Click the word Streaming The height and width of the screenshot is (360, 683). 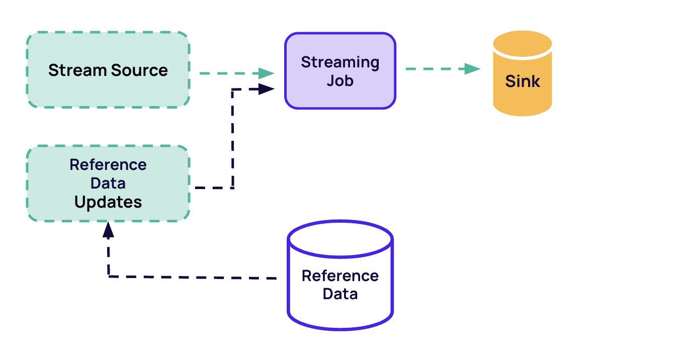[340, 63]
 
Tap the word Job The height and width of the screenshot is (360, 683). [340, 80]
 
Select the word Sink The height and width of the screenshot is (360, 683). [522, 81]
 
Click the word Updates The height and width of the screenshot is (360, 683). [108, 202]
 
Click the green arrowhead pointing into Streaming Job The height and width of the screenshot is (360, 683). [267, 73]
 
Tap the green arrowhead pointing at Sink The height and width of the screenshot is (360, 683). [472, 69]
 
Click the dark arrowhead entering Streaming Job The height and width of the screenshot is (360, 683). [266, 89]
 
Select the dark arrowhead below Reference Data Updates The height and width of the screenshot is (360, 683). [108, 229]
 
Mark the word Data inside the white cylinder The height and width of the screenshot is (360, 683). [340, 294]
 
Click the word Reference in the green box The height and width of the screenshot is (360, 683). [108, 165]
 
